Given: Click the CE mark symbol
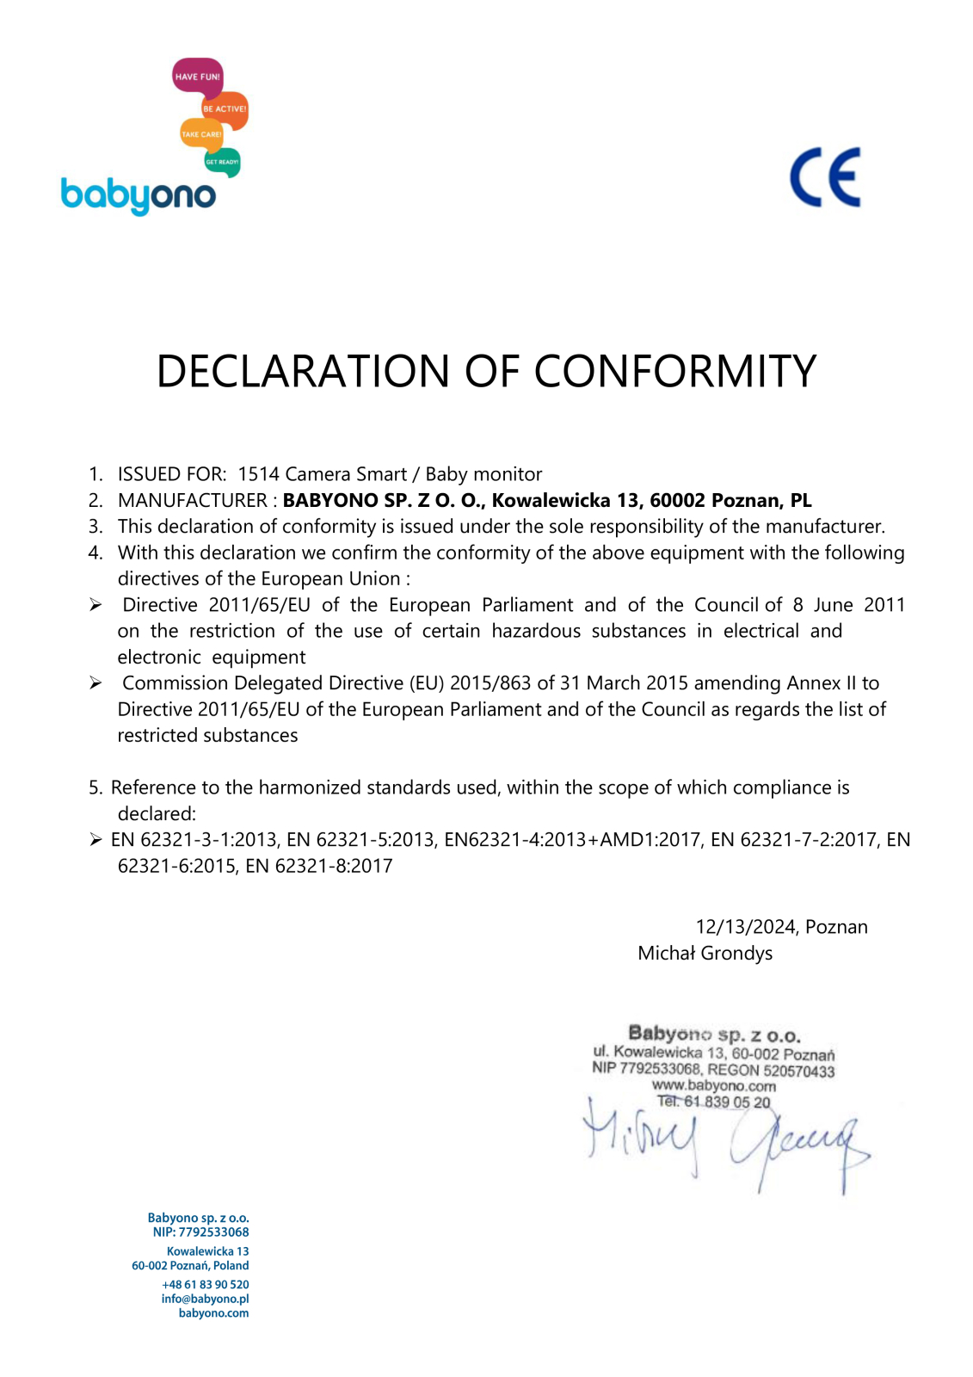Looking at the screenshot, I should point(825,177).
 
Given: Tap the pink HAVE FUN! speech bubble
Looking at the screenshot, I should point(198,77).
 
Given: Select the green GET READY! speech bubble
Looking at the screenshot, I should point(222,162).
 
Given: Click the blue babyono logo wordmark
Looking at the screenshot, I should point(139,195).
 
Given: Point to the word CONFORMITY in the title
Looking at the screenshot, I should point(674,372).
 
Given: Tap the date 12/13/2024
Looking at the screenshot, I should point(745,927).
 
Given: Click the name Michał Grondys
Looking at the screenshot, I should point(705,953).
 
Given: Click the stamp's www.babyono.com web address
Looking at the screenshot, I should point(713,1086).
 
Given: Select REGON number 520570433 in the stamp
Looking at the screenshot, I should point(798,1071).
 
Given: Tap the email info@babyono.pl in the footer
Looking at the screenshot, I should point(205,1299).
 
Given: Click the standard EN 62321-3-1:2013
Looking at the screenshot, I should point(194,840).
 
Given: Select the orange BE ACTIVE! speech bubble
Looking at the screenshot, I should point(225,109).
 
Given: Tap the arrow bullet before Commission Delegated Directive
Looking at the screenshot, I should point(95,683).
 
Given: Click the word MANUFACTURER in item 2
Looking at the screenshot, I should point(192,500).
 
